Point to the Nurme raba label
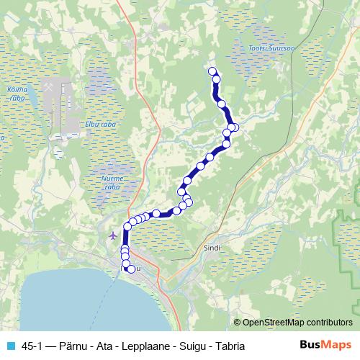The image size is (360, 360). click(x=112, y=181)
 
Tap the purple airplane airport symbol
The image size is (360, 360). click(x=112, y=235)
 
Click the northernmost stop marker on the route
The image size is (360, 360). click(x=212, y=71)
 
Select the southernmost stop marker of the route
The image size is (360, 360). click(x=131, y=269)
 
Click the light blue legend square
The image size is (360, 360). click(x=10, y=345)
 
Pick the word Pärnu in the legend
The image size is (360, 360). click(x=77, y=346)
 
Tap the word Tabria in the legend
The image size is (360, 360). click(x=230, y=346)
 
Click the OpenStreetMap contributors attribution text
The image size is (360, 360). click(x=293, y=323)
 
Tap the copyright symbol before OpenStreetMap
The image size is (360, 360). click(x=237, y=323)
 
